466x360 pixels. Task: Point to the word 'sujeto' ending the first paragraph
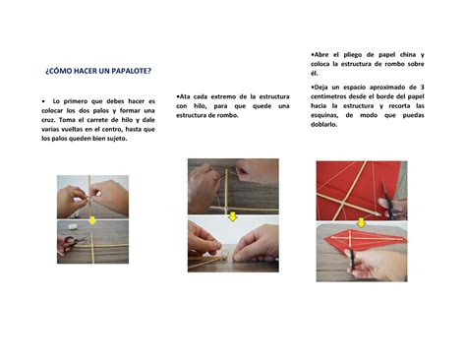pyautogui.click(x=118, y=139)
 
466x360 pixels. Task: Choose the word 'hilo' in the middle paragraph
pyautogui.click(x=200, y=106)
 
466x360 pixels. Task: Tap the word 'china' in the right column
pyautogui.click(x=408, y=55)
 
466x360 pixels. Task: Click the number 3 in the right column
pyautogui.click(x=422, y=88)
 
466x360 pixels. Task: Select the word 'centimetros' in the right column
pyautogui.click(x=328, y=96)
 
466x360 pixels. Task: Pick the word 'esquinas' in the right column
pyautogui.click(x=324, y=115)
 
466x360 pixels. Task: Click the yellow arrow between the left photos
pyautogui.click(x=92, y=220)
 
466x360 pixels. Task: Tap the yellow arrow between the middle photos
pyautogui.click(x=233, y=216)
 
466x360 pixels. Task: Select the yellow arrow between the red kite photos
pyautogui.click(x=361, y=223)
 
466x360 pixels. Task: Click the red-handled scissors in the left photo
pyautogui.click(x=71, y=243)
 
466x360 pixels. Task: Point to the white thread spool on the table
pyautogui.click(x=72, y=226)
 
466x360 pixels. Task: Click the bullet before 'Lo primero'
pyautogui.click(x=43, y=101)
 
